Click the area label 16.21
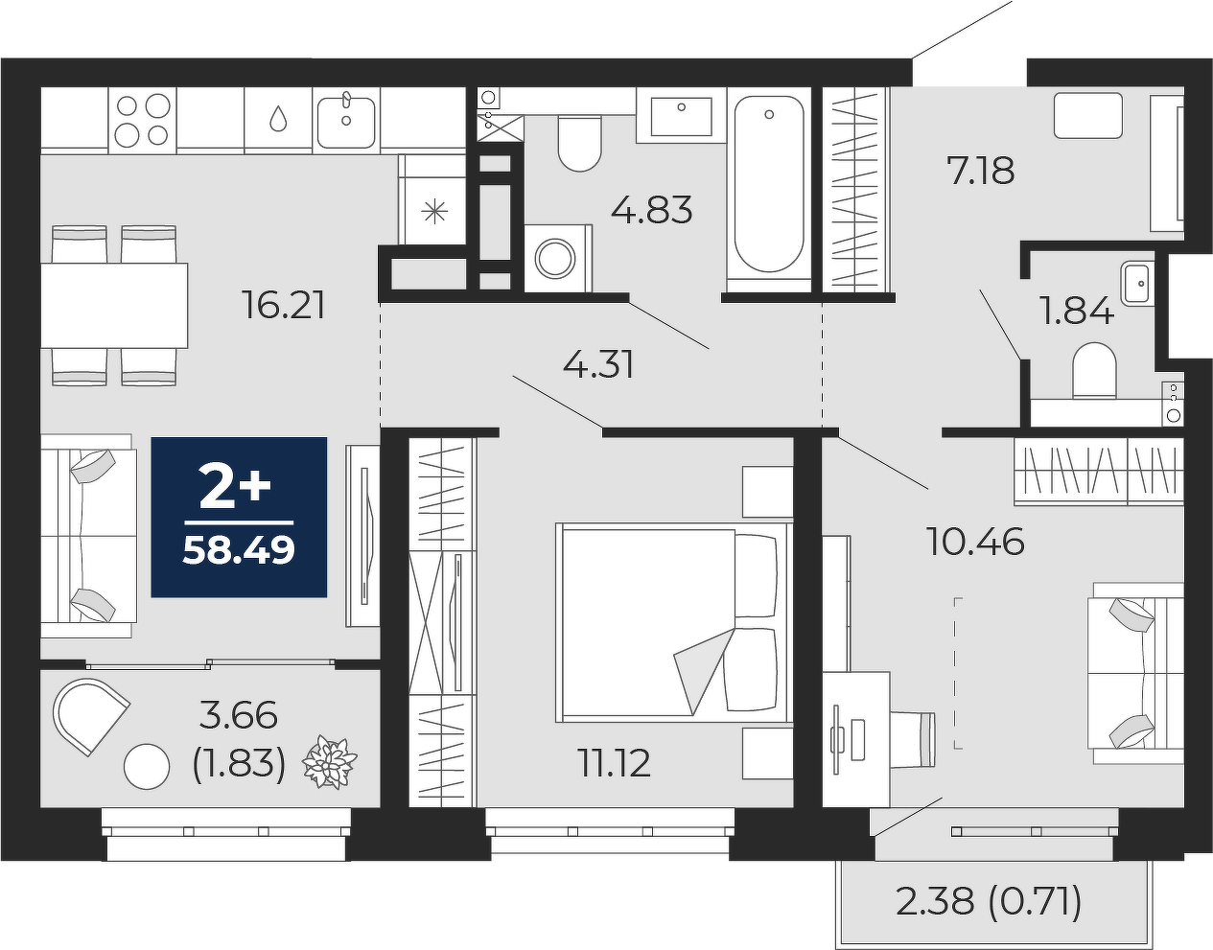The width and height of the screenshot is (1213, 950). click(x=285, y=305)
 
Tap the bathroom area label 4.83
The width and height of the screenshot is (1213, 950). click(x=651, y=209)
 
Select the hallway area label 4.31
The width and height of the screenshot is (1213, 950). click(x=598, y=365)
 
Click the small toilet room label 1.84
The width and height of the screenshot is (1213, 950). click(x=1076, y=311)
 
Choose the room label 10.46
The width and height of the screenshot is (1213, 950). click(x=974, y=541)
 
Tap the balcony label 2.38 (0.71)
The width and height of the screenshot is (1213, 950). click(x=989, y=901)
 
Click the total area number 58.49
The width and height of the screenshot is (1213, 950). click(x=239, y=550)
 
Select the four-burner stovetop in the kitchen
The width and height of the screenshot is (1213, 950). click(x=142, y=120)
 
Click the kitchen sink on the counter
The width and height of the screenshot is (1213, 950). click(x=346, y=122)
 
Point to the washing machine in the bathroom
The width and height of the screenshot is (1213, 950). click(x=558, y=258)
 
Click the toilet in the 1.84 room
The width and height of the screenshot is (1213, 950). click(x=1094, y=370)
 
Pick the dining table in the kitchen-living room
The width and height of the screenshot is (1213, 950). click(x=114, y=305)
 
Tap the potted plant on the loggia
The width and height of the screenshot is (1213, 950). click(x=329, y=762)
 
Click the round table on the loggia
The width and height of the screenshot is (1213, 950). click(x=147, y=767)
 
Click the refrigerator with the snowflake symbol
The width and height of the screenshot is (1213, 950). click(x=432, y=199)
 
